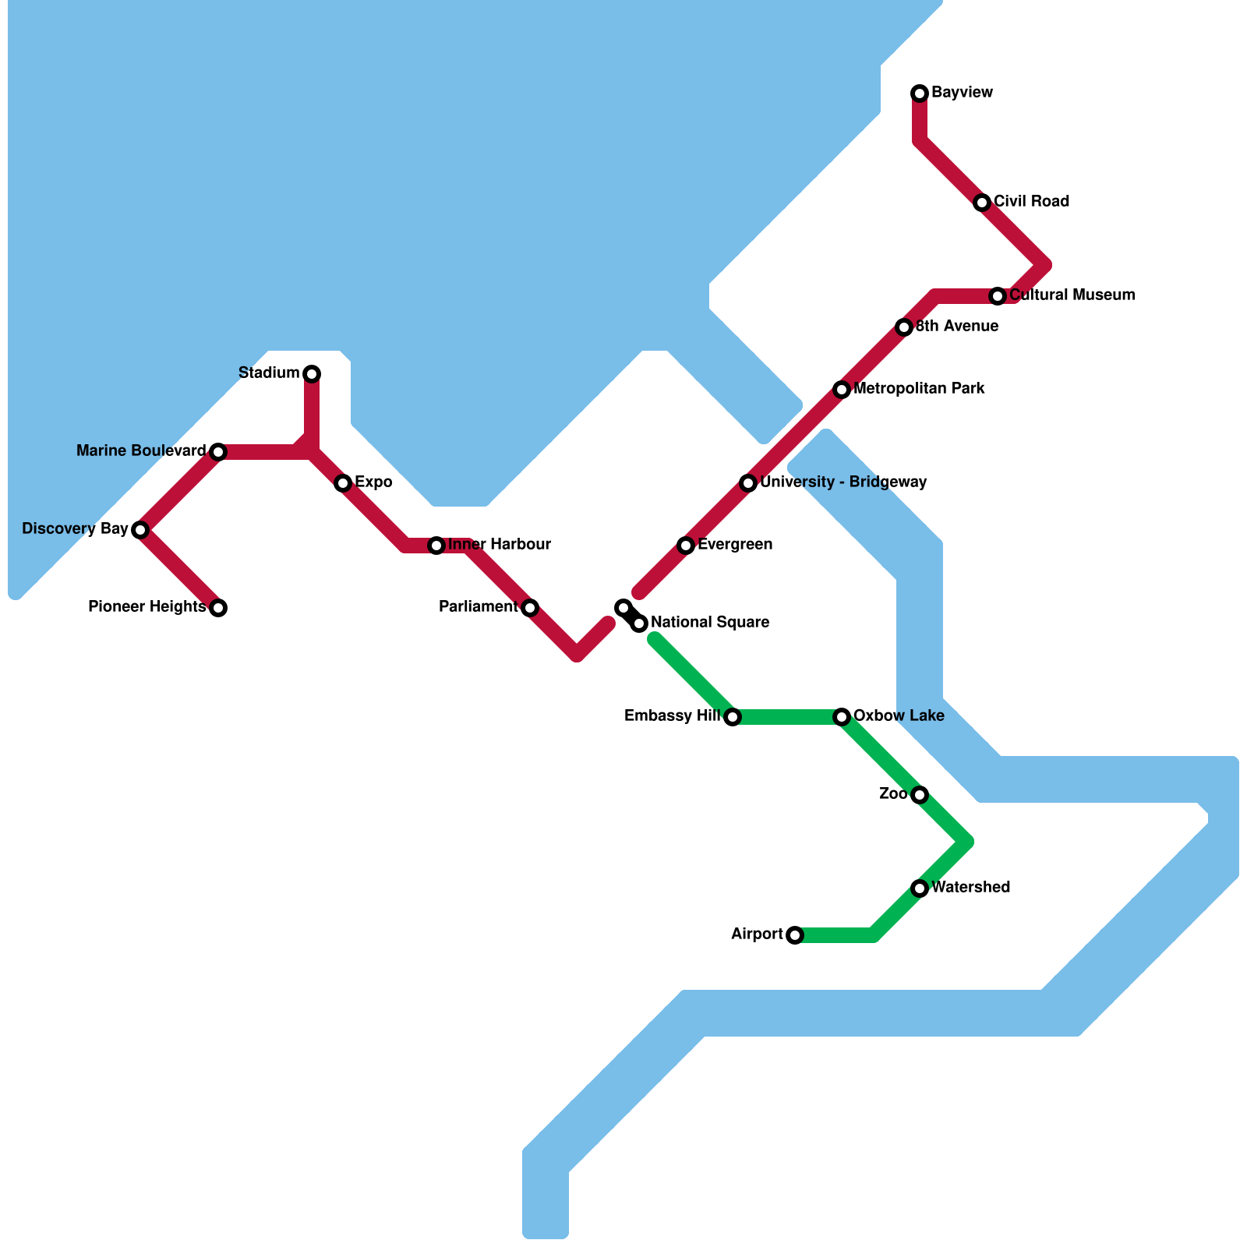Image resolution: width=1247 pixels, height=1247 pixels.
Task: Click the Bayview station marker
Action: [x=920, y=94]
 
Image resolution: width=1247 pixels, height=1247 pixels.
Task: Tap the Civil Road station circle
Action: [x=982, y=203]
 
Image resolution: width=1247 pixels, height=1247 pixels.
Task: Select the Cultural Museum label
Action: [x=1072, y=295]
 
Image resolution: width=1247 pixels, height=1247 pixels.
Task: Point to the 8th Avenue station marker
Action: [x=904, y=327]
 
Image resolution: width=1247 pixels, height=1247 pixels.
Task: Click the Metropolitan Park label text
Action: [x=919, y=389]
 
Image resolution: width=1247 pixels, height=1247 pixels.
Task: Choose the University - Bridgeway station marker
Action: [x=748, y=483]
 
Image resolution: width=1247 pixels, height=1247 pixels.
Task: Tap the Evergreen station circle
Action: [x=686, y=546]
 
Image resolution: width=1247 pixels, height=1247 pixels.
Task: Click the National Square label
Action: [x=709, y=623]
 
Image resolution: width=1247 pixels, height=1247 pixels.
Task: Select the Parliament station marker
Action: [x=530, y=608]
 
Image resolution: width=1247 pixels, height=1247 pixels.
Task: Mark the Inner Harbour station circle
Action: [x=436, y=546]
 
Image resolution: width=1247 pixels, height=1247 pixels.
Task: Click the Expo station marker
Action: [x=343, y=483]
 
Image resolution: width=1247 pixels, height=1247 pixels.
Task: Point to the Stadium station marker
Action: [x=312, y=374]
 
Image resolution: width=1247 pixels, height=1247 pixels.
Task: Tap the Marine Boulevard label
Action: [x=141, y=451]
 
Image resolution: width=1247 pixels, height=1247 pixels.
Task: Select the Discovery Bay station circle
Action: [x=140, y=530]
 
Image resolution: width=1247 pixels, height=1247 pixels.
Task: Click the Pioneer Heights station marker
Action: [x=218, y=608]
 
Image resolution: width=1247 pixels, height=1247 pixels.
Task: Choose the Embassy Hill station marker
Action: [x=733, y=717]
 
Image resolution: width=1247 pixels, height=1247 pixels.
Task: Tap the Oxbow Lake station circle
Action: [x=842, y=717]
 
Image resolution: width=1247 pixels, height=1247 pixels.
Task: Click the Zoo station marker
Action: [x=920, y=795]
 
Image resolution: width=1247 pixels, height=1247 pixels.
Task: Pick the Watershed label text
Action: [x=970, y=888]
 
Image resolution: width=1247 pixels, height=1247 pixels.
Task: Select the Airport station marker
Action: [x=795, y=935]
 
